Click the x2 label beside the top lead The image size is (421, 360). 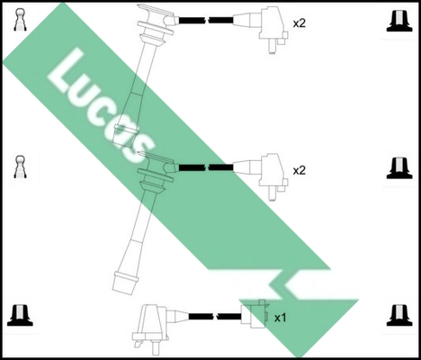(300, 22)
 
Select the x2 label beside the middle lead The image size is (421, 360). (300, 169)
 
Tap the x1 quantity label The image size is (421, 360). (280, 318)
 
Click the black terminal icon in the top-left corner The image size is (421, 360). (21, 21)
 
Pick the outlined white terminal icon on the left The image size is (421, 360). (21, 166)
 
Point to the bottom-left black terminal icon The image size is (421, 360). (21, 314)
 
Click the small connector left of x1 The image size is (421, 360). (254, 316)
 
